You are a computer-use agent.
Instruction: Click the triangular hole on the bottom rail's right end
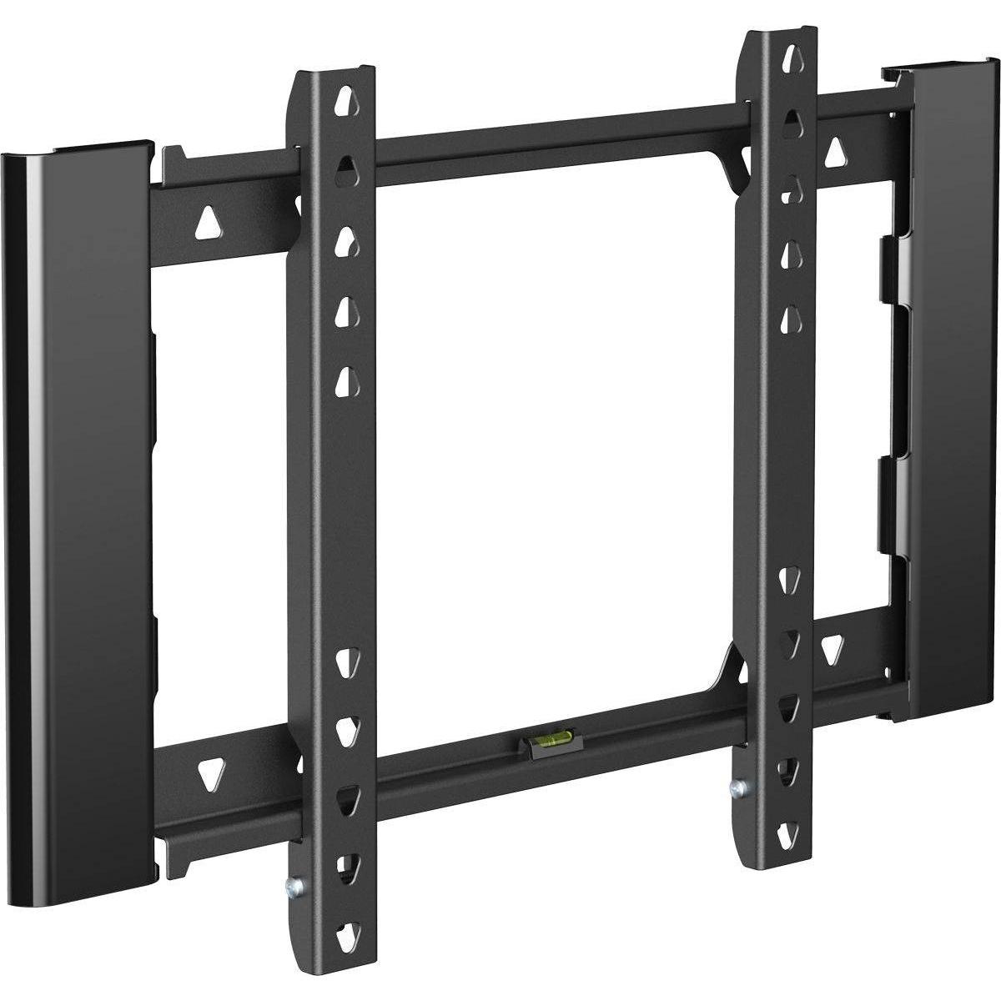point(832,646)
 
